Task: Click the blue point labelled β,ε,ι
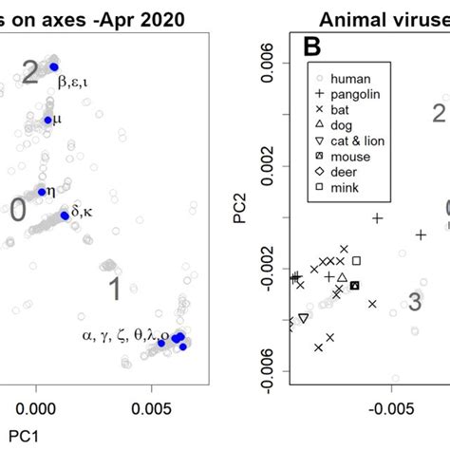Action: click(54, 66)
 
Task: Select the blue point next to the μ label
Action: click(48, 120)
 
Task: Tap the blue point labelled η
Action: click(42, 192)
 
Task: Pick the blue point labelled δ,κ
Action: click(65, 216)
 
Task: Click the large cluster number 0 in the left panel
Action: click(17, 211)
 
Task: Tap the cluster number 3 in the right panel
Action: click(415, 302)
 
